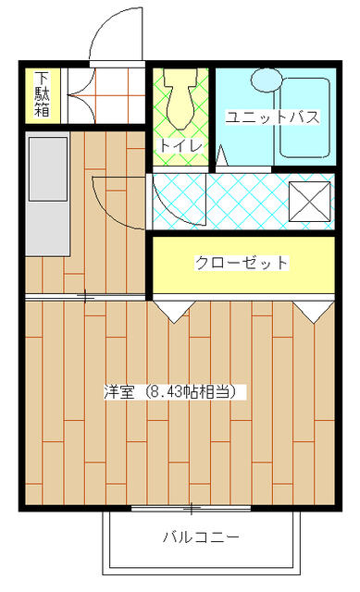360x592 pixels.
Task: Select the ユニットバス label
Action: click(273, 117)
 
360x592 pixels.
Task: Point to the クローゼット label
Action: click(241, 264)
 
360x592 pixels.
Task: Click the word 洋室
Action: click(118, 391)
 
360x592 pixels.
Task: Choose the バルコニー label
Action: click(202, 536)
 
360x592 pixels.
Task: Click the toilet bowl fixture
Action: click(179, 102)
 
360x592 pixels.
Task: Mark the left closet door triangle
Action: click(168, 309)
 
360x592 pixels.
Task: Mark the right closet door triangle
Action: click(313, 309)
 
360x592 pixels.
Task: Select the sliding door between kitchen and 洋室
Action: click(85, 297)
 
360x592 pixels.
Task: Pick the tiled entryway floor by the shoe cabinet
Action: click(104, 94)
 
